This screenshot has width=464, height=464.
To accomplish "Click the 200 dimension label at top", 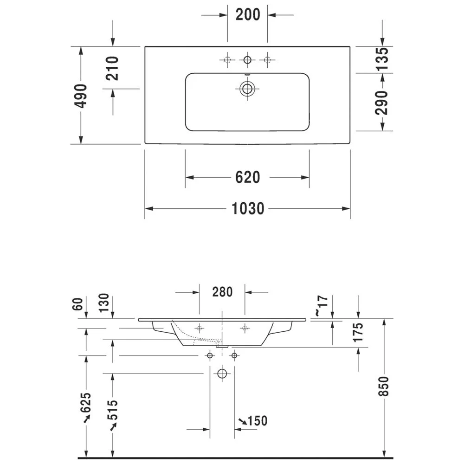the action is [248, 14].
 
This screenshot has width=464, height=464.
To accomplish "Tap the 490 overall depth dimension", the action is [81, 96].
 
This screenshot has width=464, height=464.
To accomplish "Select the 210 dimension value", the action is [112, 68].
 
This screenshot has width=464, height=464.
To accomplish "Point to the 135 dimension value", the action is [382, 58].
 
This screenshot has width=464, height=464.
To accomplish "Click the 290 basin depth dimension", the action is [381, 103].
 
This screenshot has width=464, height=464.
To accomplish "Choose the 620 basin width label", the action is [248, 177].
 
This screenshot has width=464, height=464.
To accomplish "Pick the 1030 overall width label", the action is [248, 209].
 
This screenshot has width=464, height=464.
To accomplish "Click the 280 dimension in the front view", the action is [222, 292].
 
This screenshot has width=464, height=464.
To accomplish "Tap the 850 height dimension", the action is [384, 386].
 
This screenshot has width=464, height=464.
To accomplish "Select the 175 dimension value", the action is [358, 332].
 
